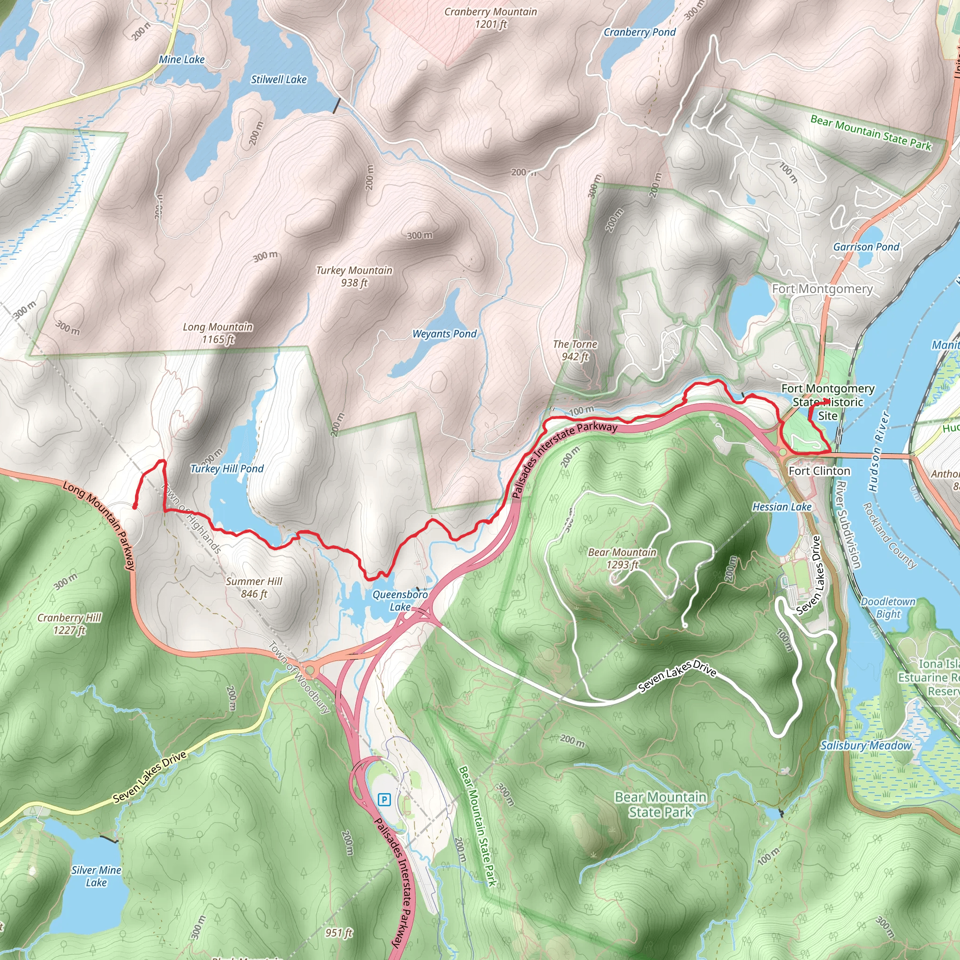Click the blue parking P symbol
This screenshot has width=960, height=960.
click(x=384, y=800)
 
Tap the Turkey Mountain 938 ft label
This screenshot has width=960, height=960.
click(x=354, y=276)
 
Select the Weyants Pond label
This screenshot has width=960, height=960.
click(x=444, y=334)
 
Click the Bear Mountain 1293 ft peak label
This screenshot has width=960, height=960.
click(x=622, y=558)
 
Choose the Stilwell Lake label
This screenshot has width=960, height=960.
click(x=279, y=80)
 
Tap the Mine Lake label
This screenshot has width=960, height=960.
click(x=182, y=60)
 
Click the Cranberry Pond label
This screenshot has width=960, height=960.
click(x=639, y=32)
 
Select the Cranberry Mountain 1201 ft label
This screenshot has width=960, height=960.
click(x=490, y=18)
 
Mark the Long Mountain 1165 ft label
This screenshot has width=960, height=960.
click(x=217, y=333)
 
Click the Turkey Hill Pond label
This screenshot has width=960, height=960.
click(x=227, y=469)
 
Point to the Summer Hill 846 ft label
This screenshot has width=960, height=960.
click(x=254, y=587)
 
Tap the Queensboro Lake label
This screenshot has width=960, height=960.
click(x=400, y=600)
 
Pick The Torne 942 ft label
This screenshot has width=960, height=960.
click(x=575, y=350)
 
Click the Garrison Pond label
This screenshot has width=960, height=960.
click(x=866, y=247)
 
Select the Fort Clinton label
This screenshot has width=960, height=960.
click(x=819, y=471)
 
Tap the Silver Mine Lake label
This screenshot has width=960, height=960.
click(x=97, y=876)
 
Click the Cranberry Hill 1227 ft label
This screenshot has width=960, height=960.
click(x=69, y=623)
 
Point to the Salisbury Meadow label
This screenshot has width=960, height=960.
click(x=866, y=745)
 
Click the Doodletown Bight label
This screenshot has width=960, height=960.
click(x=888, y=607)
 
